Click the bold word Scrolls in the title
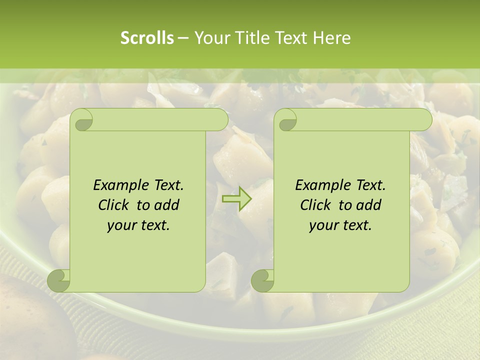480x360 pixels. click(147, 38)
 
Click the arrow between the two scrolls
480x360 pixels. click(237, 199)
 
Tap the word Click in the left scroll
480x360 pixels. click(114, 205)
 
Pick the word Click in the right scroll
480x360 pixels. click(316, 205)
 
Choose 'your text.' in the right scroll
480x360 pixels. click(340, 225)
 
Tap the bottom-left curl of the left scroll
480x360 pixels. click(58, 280)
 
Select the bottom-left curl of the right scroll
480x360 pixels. click(262, 280)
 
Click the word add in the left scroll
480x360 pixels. click(166, 205)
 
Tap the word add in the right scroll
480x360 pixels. click(368, 205)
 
